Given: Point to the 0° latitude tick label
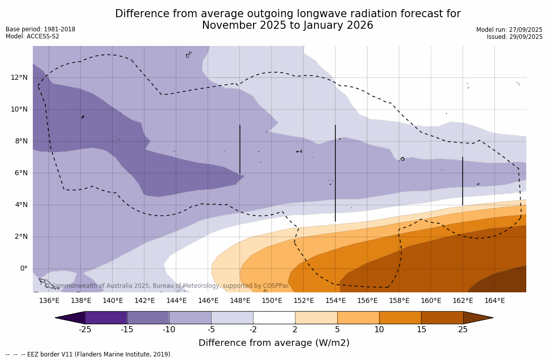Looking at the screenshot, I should tap(23, 269).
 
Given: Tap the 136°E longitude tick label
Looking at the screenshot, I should tap(49, 301).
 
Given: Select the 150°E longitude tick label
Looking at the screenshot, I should tap(272, 301).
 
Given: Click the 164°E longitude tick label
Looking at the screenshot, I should tap(494, 301).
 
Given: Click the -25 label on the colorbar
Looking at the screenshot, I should tap(85, 330).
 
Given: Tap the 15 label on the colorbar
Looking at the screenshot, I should tap(421, 330).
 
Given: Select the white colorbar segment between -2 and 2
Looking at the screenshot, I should tap(274, 318).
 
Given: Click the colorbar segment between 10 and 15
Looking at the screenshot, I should tap(400, 318).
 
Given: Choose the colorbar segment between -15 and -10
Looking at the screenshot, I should tap(148, 318).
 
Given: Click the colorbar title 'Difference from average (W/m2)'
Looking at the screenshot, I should tap(274, 343).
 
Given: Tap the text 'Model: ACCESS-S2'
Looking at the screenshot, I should tap(32, 36).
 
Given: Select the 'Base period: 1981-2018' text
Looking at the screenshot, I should tap(40, 29).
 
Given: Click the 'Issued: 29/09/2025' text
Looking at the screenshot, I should tap(515, 37).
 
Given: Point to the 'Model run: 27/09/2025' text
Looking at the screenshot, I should tap(509, 30).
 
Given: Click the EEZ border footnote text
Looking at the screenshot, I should tap(89, 354).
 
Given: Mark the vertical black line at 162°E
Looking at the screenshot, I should tap(463, 181).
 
